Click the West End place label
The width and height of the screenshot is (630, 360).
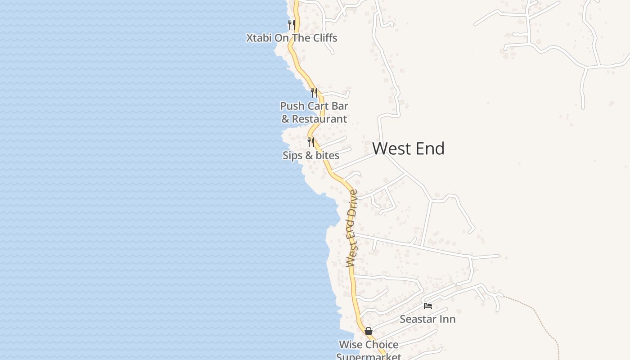[408, 148]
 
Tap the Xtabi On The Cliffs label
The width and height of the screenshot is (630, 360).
[292, 38]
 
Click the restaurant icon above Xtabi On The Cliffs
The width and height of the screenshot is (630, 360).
[292, 24]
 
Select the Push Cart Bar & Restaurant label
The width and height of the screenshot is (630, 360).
[314, 112]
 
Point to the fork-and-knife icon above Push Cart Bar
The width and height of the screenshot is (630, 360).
[314, 92]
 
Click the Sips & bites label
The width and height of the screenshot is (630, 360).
[310, 155]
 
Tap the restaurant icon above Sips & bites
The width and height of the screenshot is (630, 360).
[311, 142]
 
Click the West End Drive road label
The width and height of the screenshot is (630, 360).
[352, 229]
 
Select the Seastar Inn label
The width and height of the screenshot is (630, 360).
[427, 319]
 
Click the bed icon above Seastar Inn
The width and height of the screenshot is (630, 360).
[428, 306]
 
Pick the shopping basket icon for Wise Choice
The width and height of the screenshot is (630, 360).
[369, 331]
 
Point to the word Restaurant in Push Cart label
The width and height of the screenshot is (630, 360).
[319, 119]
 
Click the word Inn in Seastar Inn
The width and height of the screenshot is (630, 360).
[447, 319]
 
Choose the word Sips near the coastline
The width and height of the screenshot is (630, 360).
[292, 155]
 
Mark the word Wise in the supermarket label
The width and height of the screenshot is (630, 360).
[351, 345]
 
